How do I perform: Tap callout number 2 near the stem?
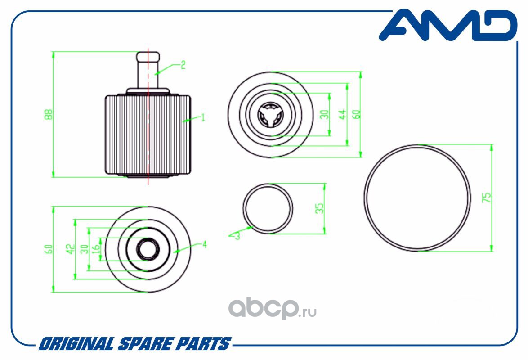click(183, 65)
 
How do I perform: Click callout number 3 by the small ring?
click(237, 235)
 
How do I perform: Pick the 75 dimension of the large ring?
click(486, 198)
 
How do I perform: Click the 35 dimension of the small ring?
click(319, 208)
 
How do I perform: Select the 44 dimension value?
click(342, 114)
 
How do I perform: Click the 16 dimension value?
click(95, 249)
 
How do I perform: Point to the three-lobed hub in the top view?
click(270, 114)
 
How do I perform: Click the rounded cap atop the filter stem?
click(148, 57)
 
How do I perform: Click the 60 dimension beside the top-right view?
click(358, 114)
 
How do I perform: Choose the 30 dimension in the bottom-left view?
click(83, 249)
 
